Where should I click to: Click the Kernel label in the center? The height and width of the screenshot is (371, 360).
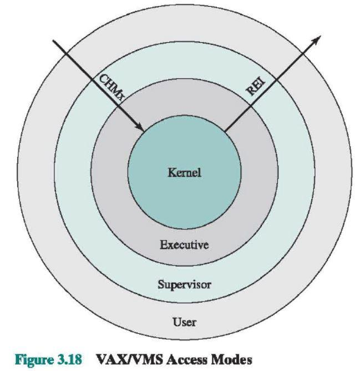[x=184, y=173]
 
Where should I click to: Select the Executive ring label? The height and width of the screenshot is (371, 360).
[x=184, y=245]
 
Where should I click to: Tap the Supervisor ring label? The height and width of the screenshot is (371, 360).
[x=184, y=287]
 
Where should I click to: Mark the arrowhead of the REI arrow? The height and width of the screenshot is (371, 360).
[x=318, y=38]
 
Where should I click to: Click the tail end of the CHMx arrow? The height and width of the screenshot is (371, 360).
[x=53, y=40]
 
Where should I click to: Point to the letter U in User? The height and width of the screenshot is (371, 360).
[x=175, y=322]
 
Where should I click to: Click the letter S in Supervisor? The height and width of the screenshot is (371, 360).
[x=160, y=287]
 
